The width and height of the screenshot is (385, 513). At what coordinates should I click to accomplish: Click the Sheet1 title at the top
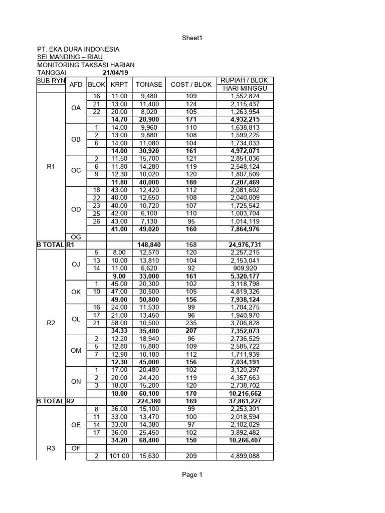(x=192, y=38)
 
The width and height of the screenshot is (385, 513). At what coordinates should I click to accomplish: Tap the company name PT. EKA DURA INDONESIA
(x=78, y=49)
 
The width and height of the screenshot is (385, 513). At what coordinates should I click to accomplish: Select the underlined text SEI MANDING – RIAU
(x=70, y=57)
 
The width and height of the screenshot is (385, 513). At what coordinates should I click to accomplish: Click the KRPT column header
(x=119, y=85)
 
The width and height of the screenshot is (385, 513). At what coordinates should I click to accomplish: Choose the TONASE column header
(x=149, y=85)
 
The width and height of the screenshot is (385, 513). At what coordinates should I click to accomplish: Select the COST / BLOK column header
(x=190, y=85)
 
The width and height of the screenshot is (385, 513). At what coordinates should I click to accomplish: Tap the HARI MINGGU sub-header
(x=245, y=89)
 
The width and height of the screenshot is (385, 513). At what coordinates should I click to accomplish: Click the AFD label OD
(x=76, y=209)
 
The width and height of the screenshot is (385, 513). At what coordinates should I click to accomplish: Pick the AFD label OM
(x=76, y=351)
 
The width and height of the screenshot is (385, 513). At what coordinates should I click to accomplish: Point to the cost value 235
(x=190, y=323)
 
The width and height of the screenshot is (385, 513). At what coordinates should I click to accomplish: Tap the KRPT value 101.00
(x=119, y=456)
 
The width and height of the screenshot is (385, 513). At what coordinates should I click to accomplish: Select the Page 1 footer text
(x=192, y=475)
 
